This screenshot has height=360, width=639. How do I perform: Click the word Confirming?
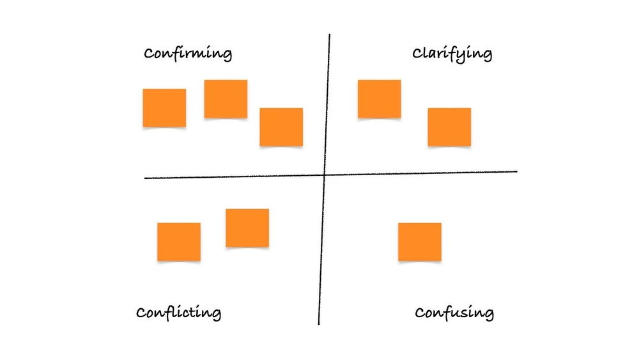tap(187, 53)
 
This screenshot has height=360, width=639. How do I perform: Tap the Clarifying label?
tap(452, 54)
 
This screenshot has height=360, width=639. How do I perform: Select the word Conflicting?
tap(178, 313)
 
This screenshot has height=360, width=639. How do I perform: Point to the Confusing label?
tap(454, 313)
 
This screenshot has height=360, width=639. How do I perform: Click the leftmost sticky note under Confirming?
tap(164, 107)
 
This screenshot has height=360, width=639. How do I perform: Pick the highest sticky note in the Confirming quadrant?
tap(226, 98)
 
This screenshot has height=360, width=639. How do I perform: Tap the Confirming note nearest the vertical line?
tap(281, 127)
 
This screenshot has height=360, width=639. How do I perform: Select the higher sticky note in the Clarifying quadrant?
tap(379, 98)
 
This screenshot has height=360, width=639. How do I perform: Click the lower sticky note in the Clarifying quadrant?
tap(449, 127)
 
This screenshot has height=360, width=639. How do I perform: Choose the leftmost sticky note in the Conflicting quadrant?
tap(179, 241)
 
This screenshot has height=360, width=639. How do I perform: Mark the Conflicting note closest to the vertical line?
tap(247, 228)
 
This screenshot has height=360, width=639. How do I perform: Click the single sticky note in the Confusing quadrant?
tap(419, 241)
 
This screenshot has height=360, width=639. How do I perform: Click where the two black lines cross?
tap(324, 175)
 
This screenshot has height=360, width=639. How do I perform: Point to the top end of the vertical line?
tap(330, 35)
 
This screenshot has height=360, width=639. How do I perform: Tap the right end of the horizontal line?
tap(516, 171)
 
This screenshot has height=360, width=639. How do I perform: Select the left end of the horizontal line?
tap(145, 178)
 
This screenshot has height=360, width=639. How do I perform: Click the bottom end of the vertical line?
tap(318, 324)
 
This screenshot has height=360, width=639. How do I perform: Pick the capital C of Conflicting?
tap(142, 313)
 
